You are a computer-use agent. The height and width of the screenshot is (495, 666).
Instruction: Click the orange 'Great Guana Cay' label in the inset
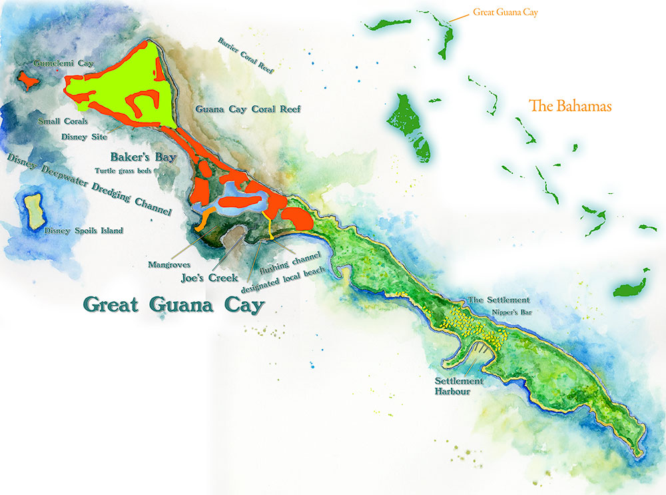coord(504,12)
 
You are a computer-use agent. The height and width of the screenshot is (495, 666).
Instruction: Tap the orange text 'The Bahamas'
coord(569,106)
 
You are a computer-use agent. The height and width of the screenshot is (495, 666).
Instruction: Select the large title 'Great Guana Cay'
coord(173,304)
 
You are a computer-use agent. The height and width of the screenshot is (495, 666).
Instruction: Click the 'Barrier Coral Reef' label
coord(245,54)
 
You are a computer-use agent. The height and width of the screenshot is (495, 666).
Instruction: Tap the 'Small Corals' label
coord(63,122)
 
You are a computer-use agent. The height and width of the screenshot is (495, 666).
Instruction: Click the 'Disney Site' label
coord(83,137)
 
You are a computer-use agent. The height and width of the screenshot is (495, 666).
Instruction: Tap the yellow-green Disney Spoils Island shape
coord(33,211)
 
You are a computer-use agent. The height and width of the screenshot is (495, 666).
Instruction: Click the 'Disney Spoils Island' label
coord(83,231)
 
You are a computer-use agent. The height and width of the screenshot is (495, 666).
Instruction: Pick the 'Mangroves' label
coord(170,264)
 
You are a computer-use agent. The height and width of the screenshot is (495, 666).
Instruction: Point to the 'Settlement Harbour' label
coord(456,386)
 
